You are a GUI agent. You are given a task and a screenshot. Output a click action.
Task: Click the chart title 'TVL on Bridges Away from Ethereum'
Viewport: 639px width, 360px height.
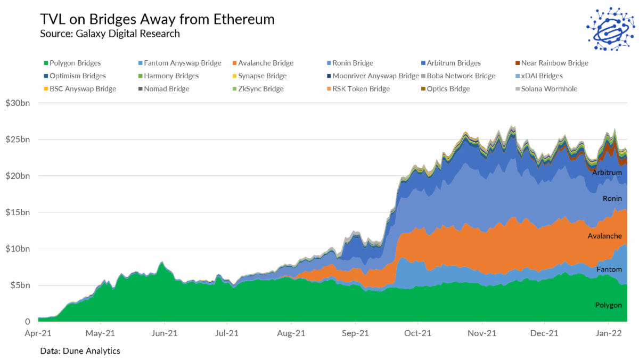[157, 20]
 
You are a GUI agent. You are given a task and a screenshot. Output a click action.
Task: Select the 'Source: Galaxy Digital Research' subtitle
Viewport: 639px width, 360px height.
[110, 34]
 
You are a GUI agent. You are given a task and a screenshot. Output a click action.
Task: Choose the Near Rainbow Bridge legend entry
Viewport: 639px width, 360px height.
[554, 63]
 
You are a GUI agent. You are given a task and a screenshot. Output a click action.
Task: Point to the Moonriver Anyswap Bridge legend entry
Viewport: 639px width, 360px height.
[375, 76]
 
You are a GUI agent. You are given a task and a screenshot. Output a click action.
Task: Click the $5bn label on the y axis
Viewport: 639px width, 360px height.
[20, 285]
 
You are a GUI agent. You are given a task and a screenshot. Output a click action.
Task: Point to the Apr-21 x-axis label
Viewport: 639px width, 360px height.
[38, 334]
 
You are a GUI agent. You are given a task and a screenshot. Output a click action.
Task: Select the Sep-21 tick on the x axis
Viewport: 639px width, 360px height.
[355, 334]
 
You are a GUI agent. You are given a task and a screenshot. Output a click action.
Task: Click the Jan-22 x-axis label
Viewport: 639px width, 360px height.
[609, 334]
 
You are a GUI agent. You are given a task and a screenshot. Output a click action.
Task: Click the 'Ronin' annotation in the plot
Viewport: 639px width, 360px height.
[612, 199]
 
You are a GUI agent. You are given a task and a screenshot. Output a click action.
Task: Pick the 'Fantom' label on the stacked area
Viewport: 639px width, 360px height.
[609, 269]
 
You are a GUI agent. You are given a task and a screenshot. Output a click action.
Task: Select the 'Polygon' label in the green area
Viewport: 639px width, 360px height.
[608, 305]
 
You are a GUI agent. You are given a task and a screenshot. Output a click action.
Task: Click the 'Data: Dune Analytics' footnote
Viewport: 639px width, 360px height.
[80, 351]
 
